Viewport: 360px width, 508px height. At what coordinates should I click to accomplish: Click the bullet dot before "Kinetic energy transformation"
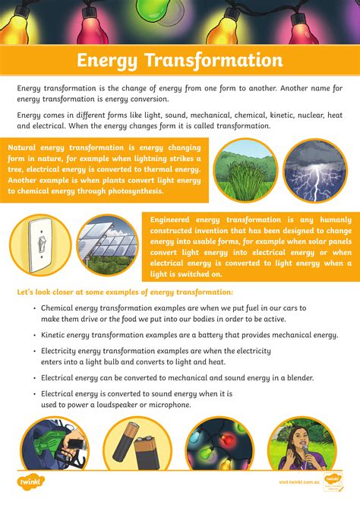pos(35,335)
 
